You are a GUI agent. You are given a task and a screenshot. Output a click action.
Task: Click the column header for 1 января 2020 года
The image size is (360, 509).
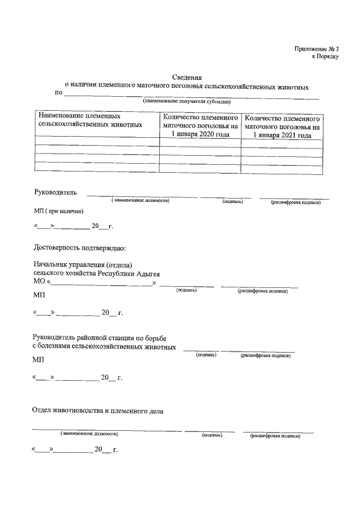(200, 127)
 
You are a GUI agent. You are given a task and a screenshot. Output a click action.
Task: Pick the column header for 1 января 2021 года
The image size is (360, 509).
(282, 127)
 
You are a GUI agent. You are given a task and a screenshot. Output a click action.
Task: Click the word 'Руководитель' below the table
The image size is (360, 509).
(55, 193)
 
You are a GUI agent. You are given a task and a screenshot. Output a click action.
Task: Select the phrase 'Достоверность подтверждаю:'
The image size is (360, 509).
(79, 247)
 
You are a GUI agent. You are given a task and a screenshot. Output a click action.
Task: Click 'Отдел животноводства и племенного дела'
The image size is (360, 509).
(98, 411)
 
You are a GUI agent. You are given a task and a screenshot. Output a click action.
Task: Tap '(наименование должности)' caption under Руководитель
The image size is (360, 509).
(140, 201)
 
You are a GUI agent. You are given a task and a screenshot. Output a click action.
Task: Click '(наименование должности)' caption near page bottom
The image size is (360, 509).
(90, 434)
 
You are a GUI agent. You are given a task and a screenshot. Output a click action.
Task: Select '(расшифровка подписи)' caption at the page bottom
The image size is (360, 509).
(276, 435)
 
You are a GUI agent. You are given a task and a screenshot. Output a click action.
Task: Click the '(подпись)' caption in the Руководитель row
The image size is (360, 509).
(232, 201)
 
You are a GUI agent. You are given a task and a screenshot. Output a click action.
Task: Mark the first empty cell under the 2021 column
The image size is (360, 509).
(282, 144)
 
